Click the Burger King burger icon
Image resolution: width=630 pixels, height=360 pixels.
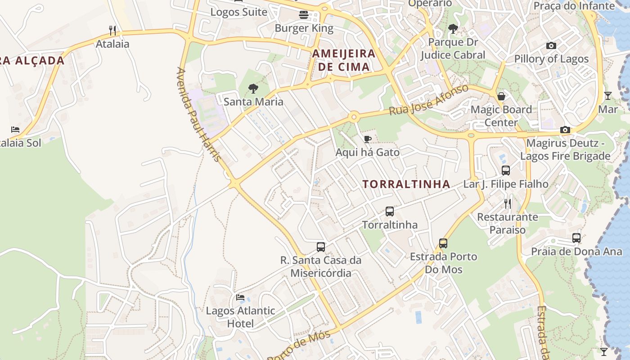pos(304,15)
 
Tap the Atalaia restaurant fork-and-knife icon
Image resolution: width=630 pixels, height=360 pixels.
pos(112,31)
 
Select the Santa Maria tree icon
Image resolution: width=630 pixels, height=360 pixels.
pos(253,88)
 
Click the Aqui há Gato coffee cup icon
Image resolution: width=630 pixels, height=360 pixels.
pos(367,139)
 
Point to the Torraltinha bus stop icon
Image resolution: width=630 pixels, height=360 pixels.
pos(390,211)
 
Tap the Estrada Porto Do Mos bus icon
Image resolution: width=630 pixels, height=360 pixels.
pos(443,243)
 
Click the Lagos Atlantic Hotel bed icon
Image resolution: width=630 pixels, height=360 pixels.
pos(240,297)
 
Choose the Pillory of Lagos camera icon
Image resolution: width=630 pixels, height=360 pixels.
pos(551,45)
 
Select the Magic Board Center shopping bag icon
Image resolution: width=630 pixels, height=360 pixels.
pos(501,96)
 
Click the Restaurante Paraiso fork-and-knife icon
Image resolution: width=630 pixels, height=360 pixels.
pos(508,203)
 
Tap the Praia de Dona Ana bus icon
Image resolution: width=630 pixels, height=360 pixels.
pos(576,238)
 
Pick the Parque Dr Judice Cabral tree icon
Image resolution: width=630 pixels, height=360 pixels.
pos(453,29)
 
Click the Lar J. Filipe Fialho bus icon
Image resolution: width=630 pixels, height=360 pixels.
pos(506,171)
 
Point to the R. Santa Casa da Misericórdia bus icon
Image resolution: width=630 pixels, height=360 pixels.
pos(321,247)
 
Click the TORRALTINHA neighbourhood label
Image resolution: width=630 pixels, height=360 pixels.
pos(406,184)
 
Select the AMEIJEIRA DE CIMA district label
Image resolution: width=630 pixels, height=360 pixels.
pos(344,60)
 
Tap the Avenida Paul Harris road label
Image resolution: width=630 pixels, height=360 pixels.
pos(199,115)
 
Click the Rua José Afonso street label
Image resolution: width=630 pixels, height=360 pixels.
pos(429,99)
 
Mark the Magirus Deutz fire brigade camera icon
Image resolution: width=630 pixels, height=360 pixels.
pos(565,130)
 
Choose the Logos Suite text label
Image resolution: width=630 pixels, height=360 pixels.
pos(239,12)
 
